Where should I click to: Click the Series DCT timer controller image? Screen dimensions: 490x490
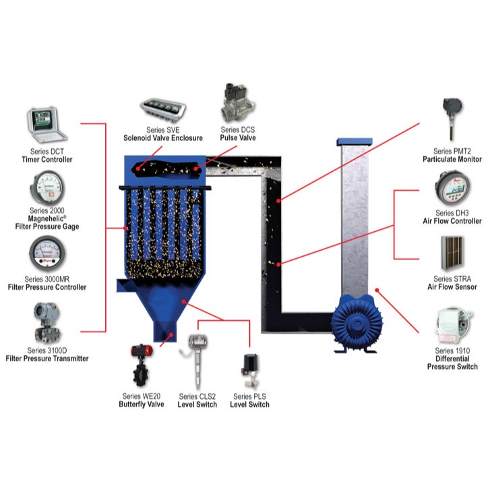point(47,125)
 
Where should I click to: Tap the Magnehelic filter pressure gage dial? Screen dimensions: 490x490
point(47,188)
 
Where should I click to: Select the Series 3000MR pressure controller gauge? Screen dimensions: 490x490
point(47,253)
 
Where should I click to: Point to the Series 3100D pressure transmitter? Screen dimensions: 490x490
point(47,322)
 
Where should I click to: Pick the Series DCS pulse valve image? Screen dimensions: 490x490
point(239,102)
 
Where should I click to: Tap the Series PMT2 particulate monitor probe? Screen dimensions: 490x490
point(452,119)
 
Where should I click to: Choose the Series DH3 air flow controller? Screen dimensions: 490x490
point(452,188)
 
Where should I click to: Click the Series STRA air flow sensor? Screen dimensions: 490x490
point(452,253)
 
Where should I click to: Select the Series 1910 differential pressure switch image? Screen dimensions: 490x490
point(452,326)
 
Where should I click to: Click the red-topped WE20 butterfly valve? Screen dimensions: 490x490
point(142,365)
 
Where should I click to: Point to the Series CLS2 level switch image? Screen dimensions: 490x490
point(195,361)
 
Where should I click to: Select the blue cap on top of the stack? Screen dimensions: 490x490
point(355,142)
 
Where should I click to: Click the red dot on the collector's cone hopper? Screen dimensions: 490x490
point(184,301)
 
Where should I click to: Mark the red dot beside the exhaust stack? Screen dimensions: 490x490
point(377,290)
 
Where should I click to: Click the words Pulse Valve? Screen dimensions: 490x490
point(238,137)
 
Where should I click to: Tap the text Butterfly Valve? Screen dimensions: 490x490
point(142,404)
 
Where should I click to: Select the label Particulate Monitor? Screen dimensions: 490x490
point(452,159)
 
